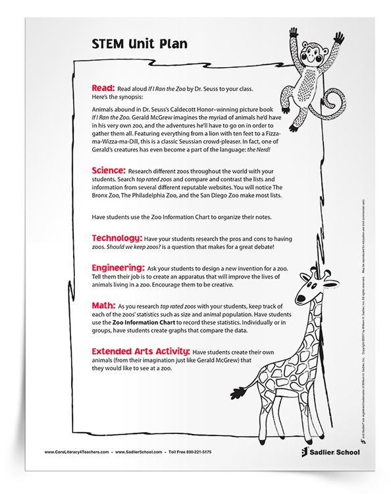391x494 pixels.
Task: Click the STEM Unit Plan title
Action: tap(130, 44)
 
